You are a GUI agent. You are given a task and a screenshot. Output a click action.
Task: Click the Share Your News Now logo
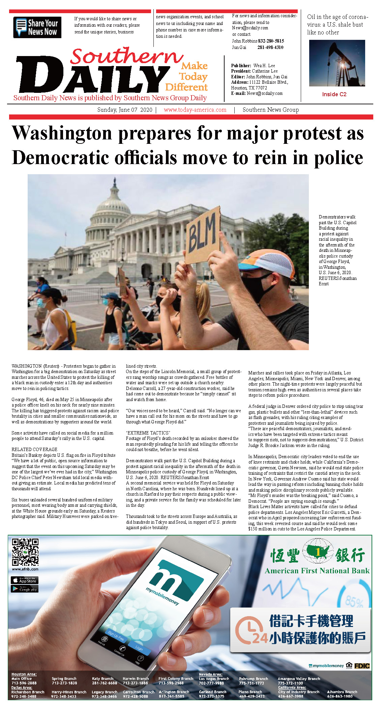point(37,27)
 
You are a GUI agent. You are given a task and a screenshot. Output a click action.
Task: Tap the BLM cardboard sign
point(202,235)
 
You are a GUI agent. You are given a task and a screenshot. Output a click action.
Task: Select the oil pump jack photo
point(337,63)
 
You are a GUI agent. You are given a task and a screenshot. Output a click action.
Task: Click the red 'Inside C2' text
point(334,94)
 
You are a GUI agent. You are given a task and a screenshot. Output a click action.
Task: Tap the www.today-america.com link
point(195,110)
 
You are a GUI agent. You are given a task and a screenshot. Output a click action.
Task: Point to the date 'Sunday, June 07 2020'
point(124,110)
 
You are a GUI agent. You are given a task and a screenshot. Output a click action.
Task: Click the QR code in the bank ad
point(25,552)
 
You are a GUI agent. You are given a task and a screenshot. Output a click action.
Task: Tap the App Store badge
point(25,580)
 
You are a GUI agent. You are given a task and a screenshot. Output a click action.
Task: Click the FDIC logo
point(362,666)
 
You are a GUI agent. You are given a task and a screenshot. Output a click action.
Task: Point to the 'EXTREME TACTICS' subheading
point(148,433)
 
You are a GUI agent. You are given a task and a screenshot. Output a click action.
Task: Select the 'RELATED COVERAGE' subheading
point(34,449)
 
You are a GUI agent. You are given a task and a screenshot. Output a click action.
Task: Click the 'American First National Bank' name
point(317,571)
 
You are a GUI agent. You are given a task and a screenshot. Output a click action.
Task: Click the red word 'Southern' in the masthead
point(126,56)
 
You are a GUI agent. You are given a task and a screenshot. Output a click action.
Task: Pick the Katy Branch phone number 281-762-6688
point(105,683)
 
